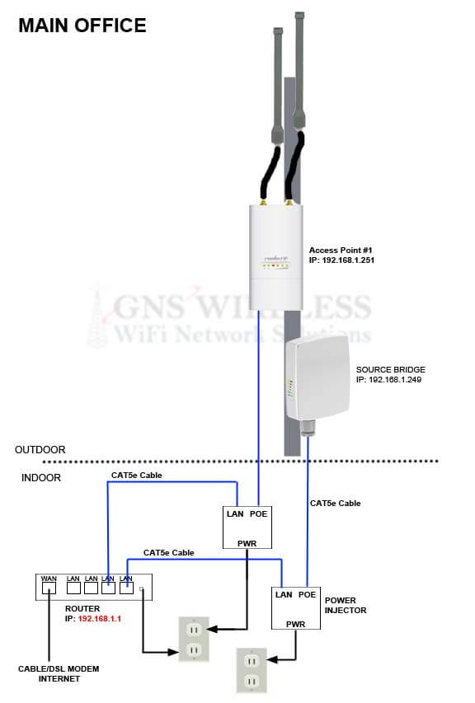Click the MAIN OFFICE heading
point(82,26)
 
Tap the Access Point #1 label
point(341,251)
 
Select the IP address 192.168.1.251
point(348,260)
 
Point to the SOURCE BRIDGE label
point(390,369)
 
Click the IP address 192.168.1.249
point(395,379)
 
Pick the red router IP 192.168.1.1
point(100,618)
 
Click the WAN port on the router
point(49,588)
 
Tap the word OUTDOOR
point(40,450)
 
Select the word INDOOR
point(40,477)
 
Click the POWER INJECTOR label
point(346,605)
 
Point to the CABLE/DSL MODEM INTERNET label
point(59,673)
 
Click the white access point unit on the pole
point(276,257)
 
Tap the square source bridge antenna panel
point(317,378)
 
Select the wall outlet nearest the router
point(194,639)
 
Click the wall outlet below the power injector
point(252,670)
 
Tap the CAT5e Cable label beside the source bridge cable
point(335,503)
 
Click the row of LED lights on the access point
point(275,266)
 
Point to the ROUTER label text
point(82,608)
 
